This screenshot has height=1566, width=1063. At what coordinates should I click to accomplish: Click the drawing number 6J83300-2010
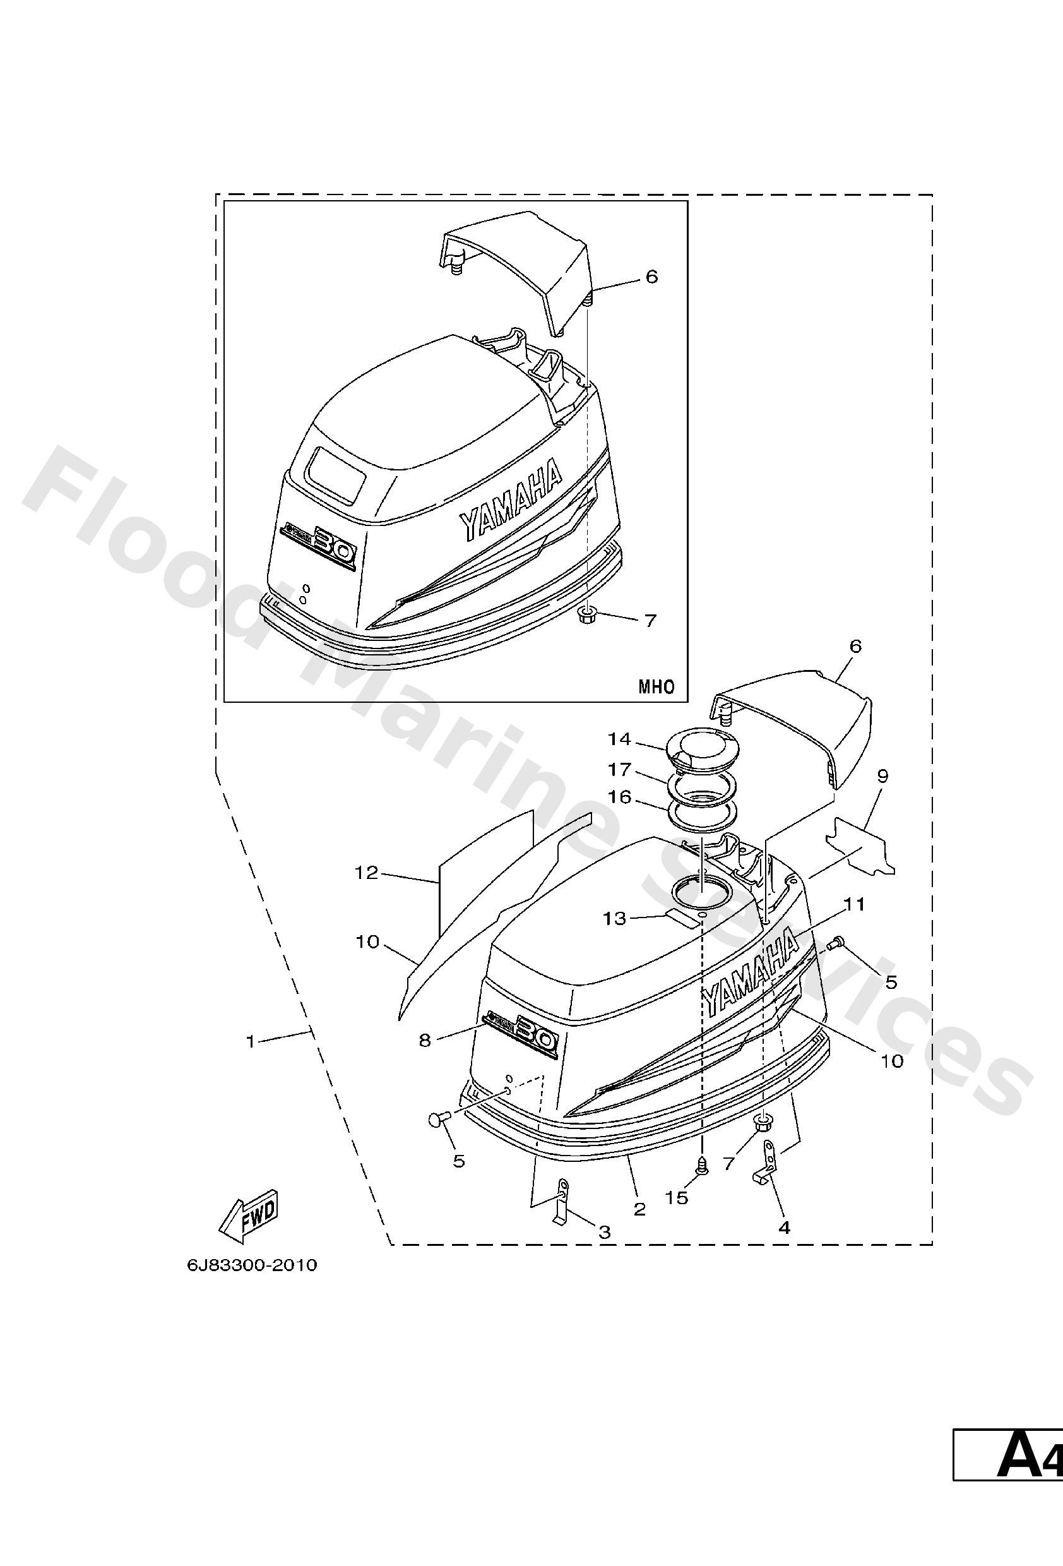(x=252, y=1265)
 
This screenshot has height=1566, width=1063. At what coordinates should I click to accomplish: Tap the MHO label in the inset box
(x=655, y=686)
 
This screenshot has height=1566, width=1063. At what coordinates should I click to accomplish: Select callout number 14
(x=619, y=739)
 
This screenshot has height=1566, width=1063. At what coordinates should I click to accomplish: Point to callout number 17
(x=619, y=769)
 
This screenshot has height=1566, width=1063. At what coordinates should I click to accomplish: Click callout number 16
(x=619, y=797)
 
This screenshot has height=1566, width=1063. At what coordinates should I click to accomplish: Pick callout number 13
(x=614, y=917)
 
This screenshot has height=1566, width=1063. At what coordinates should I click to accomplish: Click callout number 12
(x=367, y=873)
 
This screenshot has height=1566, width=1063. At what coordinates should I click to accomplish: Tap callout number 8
(x=424, y=1041)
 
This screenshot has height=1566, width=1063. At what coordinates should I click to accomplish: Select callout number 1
(x=251, y=1042)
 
